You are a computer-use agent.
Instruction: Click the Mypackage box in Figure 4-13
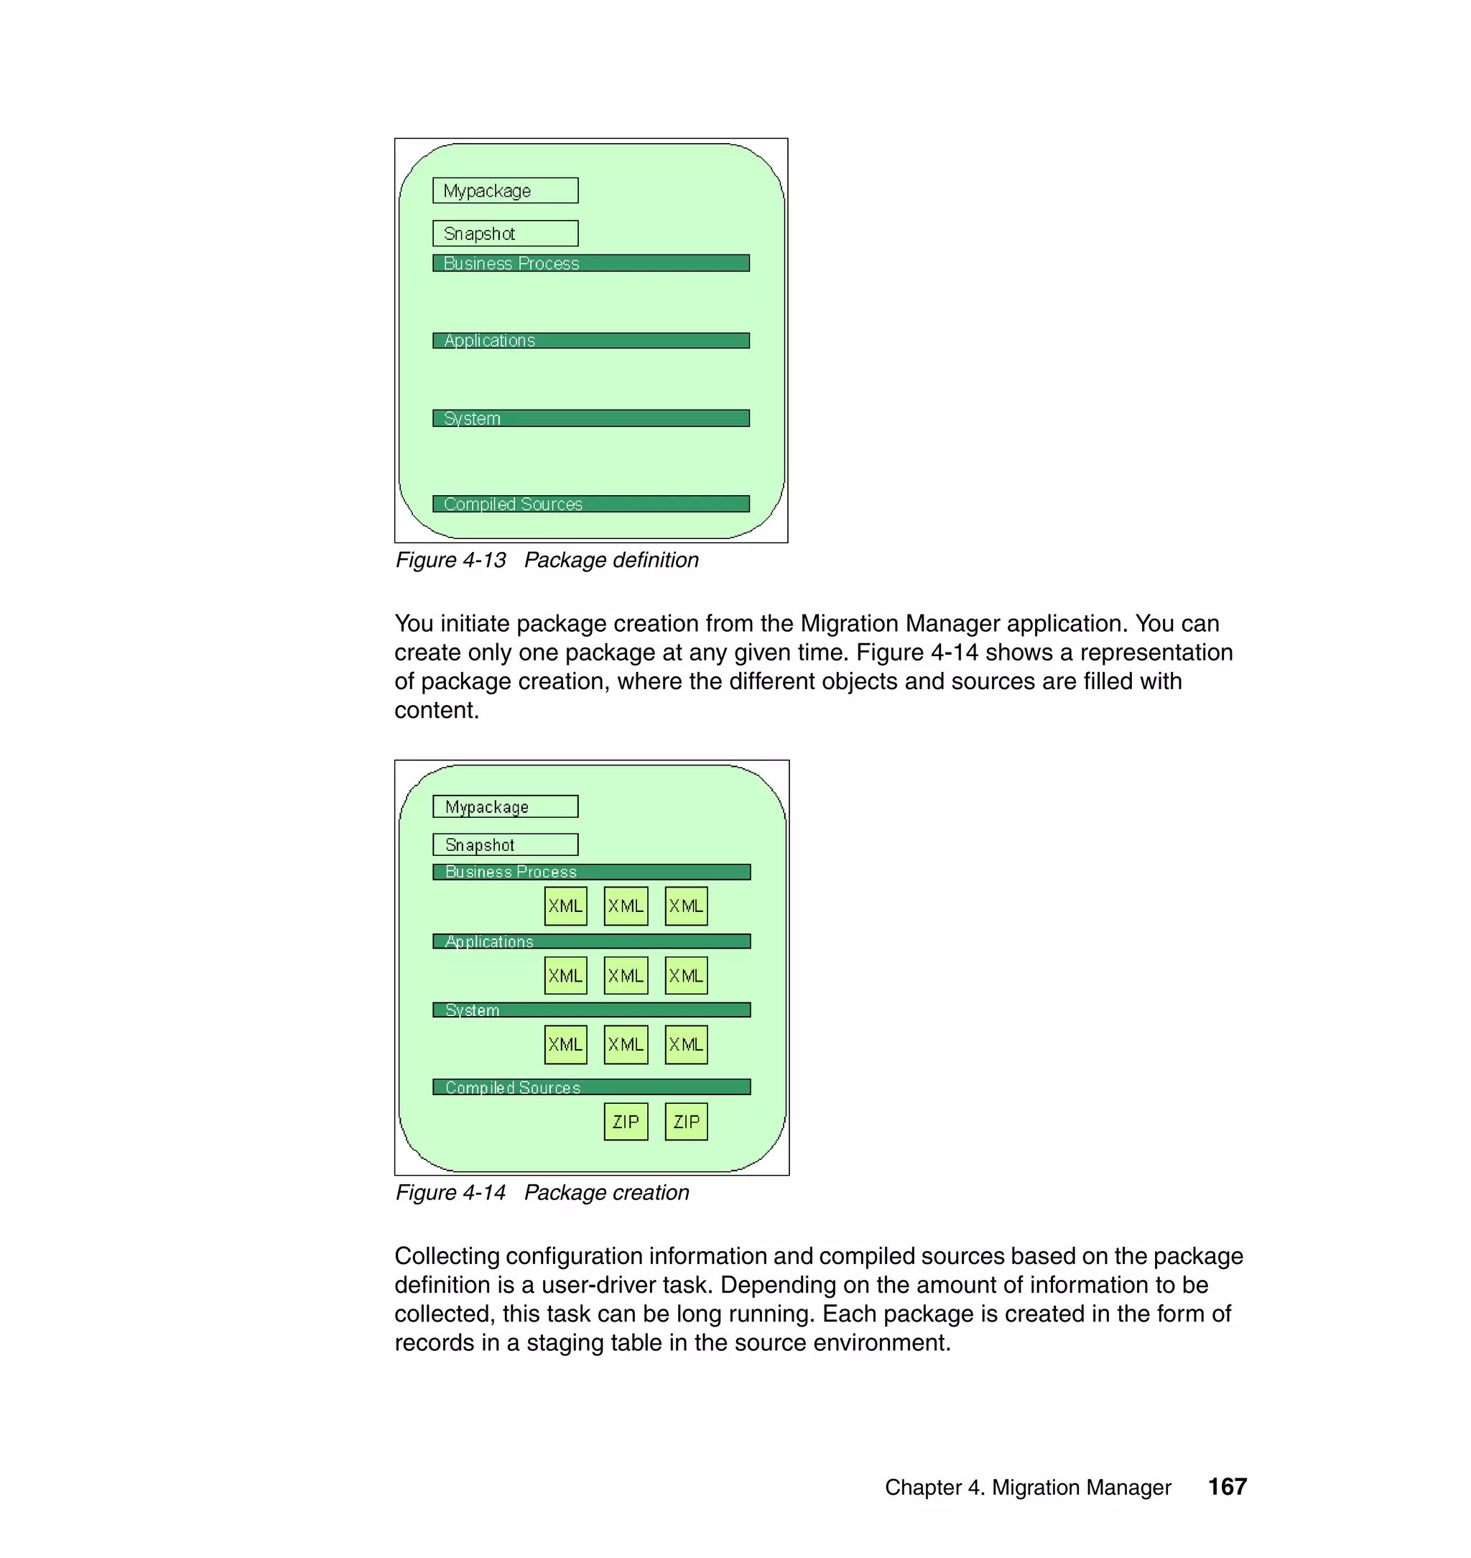(x=505, y=190)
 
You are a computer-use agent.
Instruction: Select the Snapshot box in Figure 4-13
(x=505, y=234)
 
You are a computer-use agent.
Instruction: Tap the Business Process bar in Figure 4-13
(x=590, y=264)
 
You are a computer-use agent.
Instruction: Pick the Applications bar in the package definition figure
(x=590, y=341)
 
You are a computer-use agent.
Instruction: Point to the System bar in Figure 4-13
(x=590, y=418)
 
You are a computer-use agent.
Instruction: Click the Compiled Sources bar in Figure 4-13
(x=590, y=504)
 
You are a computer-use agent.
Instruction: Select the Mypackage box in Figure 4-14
(x=505, y=806)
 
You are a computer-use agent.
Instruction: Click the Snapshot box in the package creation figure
(x=505, y=845)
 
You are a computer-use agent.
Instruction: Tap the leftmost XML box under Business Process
(x=565, y=906)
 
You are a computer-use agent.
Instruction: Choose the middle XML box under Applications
(x=626, y=976)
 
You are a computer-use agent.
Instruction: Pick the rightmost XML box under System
(x=686, y=1045)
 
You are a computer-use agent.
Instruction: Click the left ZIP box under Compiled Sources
(x=626, y=1122)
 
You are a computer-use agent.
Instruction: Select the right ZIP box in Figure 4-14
(x=686, y=1122)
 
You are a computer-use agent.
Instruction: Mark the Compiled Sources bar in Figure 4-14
(x=591, y=1087)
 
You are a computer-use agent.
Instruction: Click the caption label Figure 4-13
(x=451, y=560)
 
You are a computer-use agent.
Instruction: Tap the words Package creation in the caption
(x=606, y=1192)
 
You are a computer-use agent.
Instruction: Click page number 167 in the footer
(x=1227, y=1487)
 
